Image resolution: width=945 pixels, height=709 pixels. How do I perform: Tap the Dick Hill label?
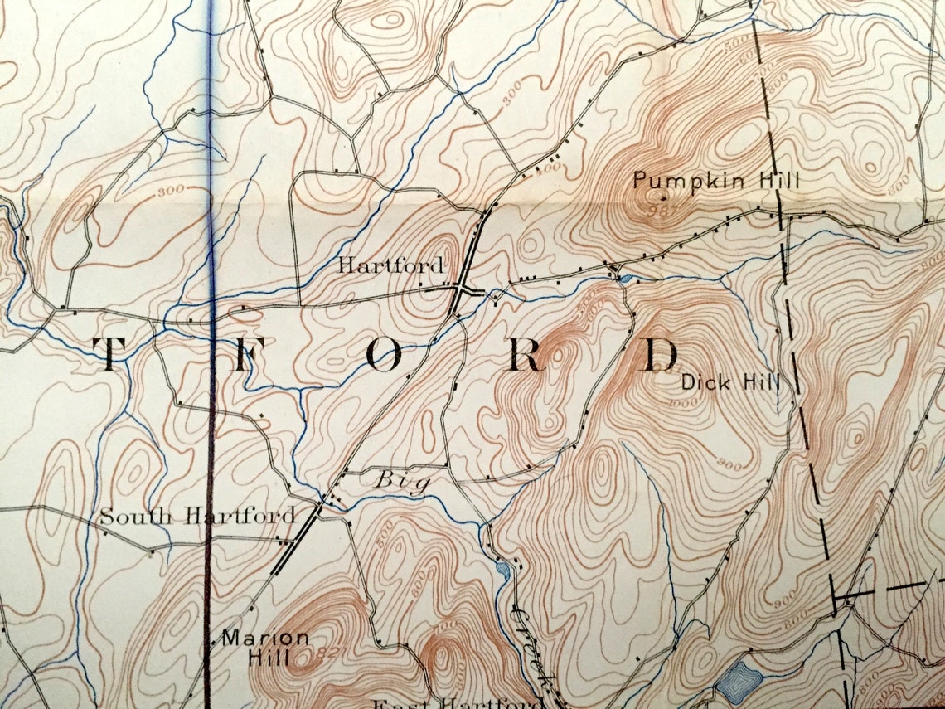(x=729, y=382)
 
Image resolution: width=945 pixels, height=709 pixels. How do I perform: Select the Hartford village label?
(x=390, y=266)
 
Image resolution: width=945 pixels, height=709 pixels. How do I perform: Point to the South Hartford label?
(x=197, y=516)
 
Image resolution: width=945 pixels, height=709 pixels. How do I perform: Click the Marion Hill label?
(x=264, y=648)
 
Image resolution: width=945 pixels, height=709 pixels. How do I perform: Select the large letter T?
(x=107, y=354)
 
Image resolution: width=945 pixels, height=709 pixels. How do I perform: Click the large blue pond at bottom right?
(x=738, y=682)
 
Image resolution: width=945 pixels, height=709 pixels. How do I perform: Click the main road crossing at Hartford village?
(x=461, y=289)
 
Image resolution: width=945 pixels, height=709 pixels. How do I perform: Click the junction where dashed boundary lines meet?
(x=836, y=597)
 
